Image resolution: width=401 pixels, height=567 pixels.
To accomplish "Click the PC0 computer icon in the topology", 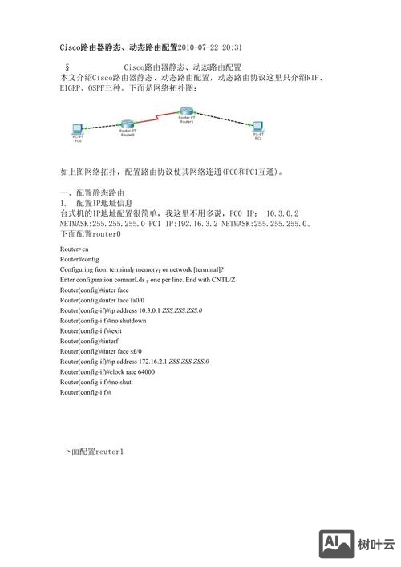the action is click(77, 128).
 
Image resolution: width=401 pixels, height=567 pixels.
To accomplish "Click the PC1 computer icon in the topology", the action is click(258, 126).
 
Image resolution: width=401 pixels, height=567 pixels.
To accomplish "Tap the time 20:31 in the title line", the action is click(232, 47).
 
